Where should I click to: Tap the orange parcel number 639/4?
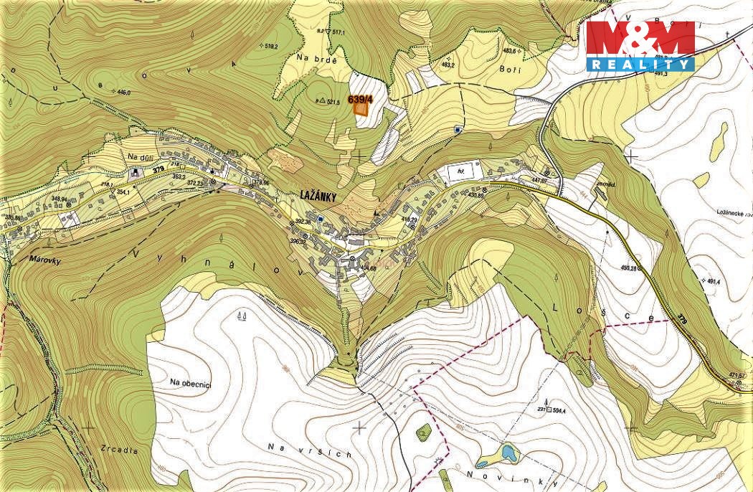pyautogui.click(x=360, y=100)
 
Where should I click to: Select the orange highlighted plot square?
pyautogui.click(x=361, y=110)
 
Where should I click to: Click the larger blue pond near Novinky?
pyautogui.click(x=508, y=452)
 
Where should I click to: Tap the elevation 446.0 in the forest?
pyautogui.click(x=123, y=93)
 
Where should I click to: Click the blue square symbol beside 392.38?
pyautogui.click(x=321, y=218)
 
